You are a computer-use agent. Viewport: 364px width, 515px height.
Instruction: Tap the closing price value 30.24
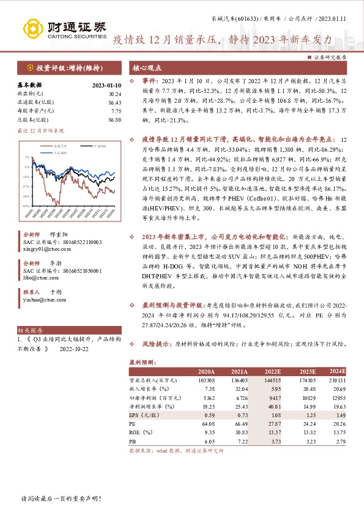(114, 94)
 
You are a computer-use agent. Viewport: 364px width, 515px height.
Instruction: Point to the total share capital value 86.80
(114, 120)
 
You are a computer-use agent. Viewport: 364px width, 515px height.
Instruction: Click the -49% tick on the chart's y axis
(26, 206)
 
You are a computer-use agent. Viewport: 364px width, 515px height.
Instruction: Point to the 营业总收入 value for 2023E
(304, 380)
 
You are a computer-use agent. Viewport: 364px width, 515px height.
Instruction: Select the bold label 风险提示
(154, 345)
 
